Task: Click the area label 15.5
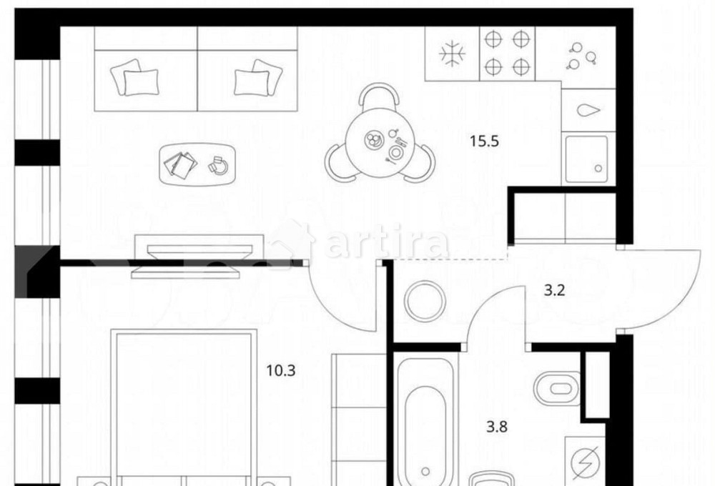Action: coord(484,142)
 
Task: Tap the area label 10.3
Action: coord(281,371)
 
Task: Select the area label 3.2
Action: coord(555,290)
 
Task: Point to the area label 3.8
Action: coord(497,427)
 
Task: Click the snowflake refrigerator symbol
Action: coord(452,54)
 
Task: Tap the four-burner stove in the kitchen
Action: coord(507,54)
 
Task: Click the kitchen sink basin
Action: coord(586,158)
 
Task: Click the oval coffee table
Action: coord(197,164)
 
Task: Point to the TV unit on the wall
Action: coord(199,256)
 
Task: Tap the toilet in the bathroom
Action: coord(556,389)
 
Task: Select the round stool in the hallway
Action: coord(425,301)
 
